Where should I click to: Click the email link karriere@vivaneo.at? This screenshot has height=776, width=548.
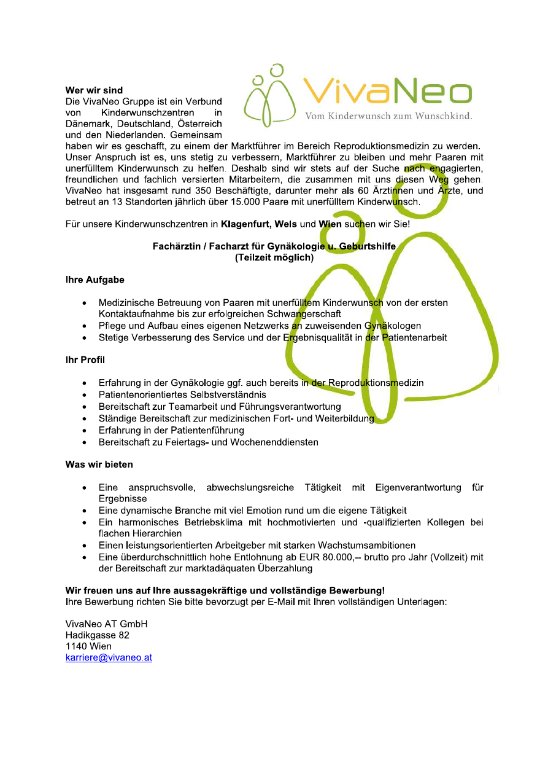tap(109, 658)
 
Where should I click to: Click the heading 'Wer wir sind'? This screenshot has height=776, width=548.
tap(94, 90)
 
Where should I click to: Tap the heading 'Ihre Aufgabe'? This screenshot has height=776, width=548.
tap(95, 280)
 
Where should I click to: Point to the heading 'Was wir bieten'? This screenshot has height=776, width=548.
tap(99, 464)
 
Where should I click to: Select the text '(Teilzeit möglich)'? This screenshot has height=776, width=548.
tap(274, 258)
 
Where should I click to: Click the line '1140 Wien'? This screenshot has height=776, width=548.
tap(88, 646)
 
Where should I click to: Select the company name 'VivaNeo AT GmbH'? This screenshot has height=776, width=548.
tap(106, 624)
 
